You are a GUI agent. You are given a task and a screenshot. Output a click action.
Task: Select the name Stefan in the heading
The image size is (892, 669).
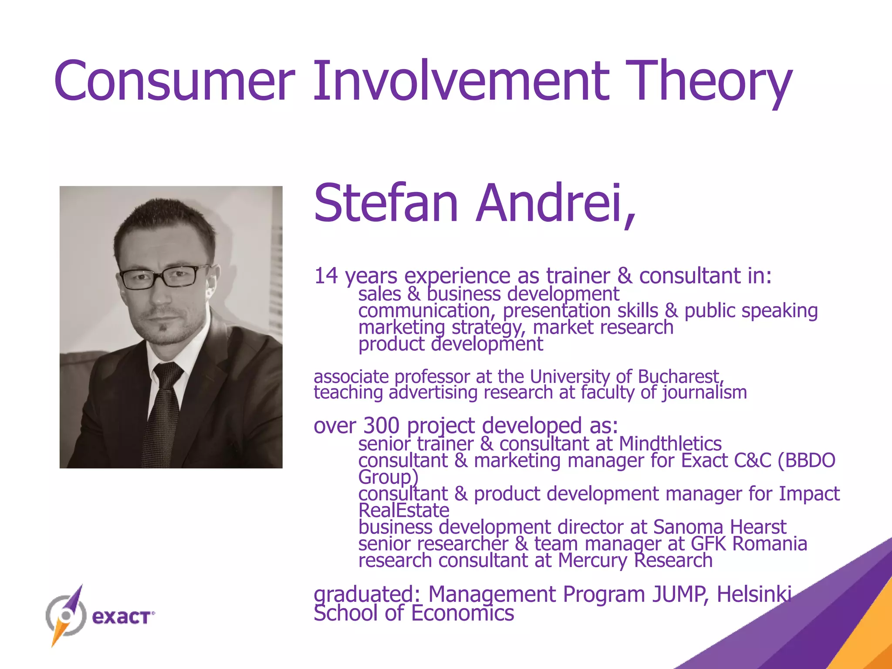click(x=386, y=203)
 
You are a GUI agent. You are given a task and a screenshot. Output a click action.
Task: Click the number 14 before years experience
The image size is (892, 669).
click(x=326, y=276)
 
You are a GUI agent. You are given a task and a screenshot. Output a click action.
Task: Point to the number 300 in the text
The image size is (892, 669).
click(x=381, y=426)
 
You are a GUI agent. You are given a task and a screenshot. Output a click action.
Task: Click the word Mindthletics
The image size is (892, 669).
click(x=670, y=444)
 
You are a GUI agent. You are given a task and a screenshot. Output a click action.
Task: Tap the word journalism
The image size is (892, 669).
click(x=704, y=392)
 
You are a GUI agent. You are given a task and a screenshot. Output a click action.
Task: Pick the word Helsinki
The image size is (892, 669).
click(x=754, y=594)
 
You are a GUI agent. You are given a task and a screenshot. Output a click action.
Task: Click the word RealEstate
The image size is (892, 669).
click(x=403, y=510)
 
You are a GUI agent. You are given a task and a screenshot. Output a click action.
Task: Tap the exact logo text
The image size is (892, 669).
click(x=122, y=617)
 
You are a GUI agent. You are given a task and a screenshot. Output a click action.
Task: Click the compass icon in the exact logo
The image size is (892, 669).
click(x=65, y=615)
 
